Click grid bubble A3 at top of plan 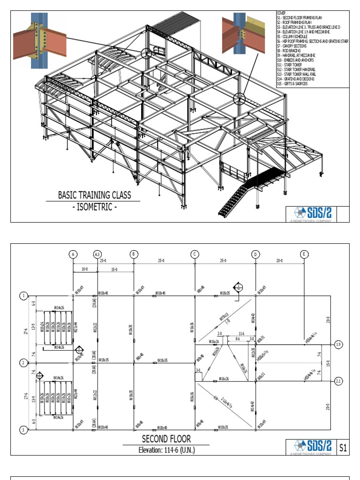click(97, 254)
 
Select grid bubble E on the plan click(304, 254)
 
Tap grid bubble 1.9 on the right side click(338, 345)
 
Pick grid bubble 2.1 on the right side click(338, 381)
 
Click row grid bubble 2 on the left click(22, 363)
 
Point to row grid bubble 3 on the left click(22, 429)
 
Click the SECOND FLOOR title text click(166, 439)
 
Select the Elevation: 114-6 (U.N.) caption click(166, 450)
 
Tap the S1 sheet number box click(343, 448)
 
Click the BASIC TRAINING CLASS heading click(94, 195)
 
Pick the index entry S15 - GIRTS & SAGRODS click(295, 83)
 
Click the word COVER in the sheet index click(281, 13)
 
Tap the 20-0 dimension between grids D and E click(280, 260)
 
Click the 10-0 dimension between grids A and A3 click(84, 270)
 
